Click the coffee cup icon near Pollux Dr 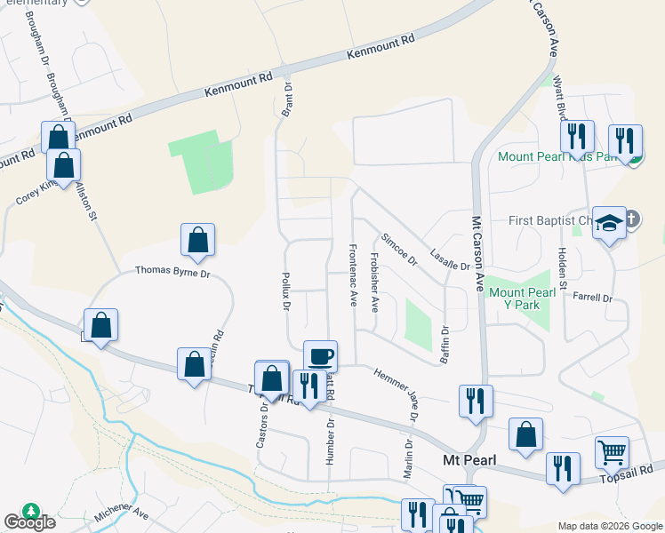pos(320,356)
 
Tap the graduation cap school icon pos(611,223)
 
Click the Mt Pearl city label pos(468,459)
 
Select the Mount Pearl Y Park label pos(515,298)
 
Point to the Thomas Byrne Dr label pos(172,272)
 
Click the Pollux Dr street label pos(286,291)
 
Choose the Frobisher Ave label pos(374,283)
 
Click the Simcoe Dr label pos(399,250)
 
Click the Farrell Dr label pos(593,298)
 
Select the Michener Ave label pos(122,513)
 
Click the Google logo pos(29,521)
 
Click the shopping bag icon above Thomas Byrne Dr pos(197,240)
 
